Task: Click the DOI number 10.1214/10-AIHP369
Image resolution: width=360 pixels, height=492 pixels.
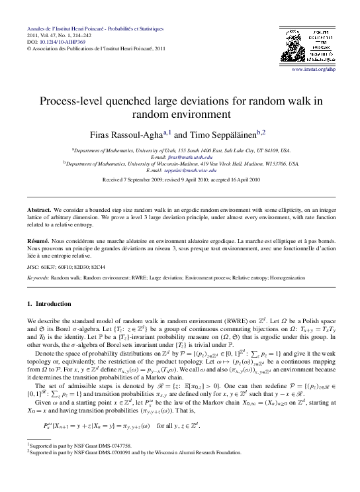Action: click(x=55, y=42)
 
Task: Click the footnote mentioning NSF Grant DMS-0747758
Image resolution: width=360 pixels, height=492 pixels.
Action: click(x=80, y=447)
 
